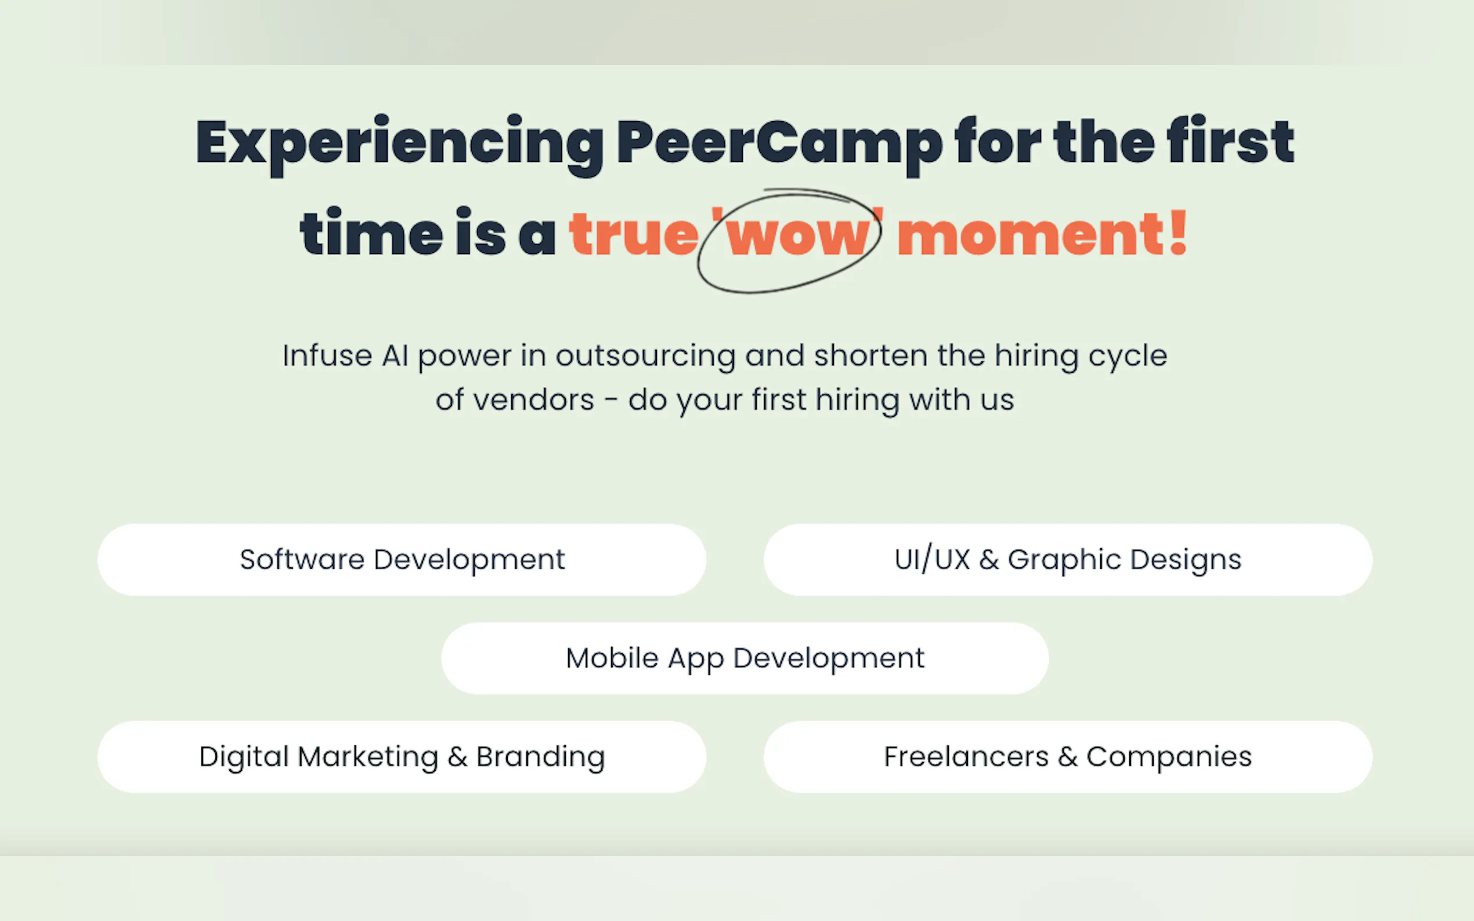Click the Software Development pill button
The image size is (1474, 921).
click(402, 559)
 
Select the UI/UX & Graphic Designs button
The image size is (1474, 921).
click(1068, 559)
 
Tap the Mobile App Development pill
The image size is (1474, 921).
click(745, 658)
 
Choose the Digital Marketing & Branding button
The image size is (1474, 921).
click(402, 756)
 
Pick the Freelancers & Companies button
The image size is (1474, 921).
click(1068, 756)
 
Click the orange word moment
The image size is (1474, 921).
click(1031, 234)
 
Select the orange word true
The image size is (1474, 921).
click(634, 233)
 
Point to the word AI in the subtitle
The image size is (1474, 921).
click(395, 356)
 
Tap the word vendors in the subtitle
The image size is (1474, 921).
click(534, 401)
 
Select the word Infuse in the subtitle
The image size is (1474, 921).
click(327, 355)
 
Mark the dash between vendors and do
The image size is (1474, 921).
click(611, 402)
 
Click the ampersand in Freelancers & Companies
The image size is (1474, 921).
click(1068, 757)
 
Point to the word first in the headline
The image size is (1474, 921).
click(1230, 141)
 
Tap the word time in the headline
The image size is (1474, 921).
click(371, 232)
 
